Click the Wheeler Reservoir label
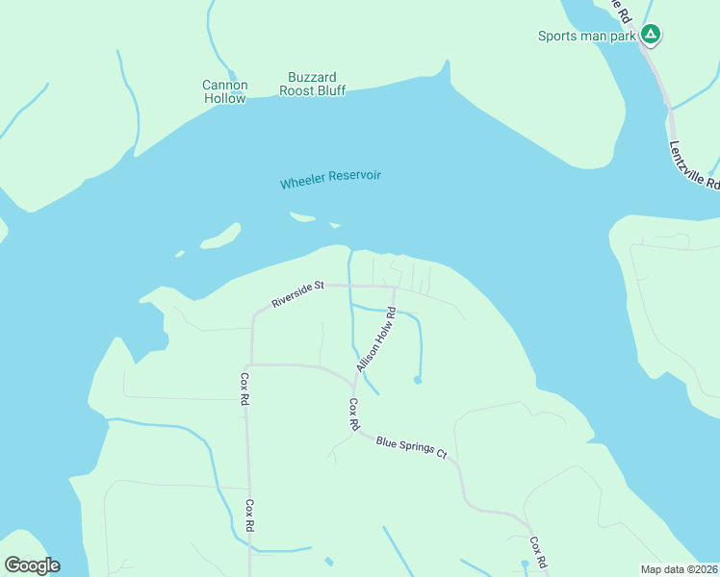[330, 179]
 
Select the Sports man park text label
[587, 37]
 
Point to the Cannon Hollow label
[224, 91]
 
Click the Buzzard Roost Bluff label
[312, 84]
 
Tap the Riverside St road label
[298, 293]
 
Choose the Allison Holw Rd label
[376, 339]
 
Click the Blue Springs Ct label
[412, 447]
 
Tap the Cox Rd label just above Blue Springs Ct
[353, 414]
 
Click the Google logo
[32, 564]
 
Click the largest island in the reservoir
[220, 236]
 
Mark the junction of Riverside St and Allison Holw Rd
[395, 287]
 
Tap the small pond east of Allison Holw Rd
[417, 380]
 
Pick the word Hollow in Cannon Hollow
[224, 98]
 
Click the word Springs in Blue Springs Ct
[418, 448]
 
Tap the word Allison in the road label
[365, 358]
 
